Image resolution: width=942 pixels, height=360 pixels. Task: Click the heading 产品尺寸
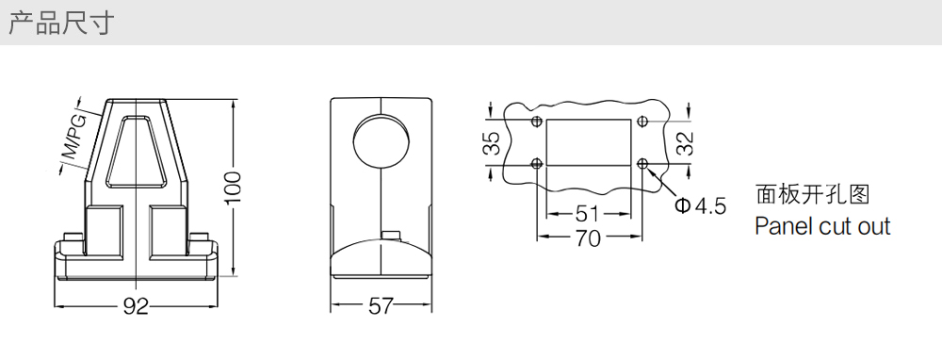click(x=61, y=23)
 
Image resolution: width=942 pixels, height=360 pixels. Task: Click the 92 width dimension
click(x=136, y=306)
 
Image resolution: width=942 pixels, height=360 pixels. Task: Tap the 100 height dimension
click(x=234, y=188)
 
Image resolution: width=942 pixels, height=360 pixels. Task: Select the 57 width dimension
click(x=381, y=306)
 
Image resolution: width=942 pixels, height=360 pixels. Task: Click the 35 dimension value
click(x=492, y=143)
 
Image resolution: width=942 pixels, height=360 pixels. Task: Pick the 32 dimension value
click(x=686, y=143)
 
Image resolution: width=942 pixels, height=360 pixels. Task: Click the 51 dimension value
click(x=588, y=213)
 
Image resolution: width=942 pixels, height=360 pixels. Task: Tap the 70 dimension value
click(x=588, y=238)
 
